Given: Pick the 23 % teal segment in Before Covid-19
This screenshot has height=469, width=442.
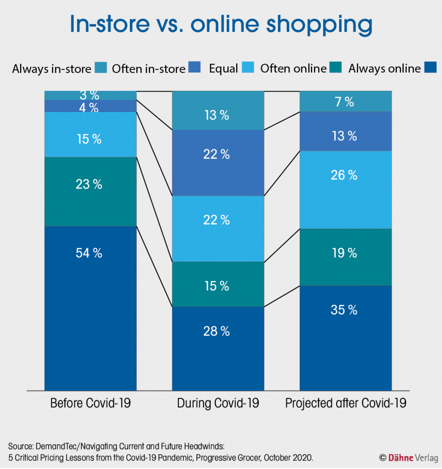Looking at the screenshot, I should click(x=91, y=192).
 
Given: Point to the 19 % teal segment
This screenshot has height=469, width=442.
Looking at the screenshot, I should click(x=346, y=257).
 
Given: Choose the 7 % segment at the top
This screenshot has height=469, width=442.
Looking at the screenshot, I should click(x=346, y=102).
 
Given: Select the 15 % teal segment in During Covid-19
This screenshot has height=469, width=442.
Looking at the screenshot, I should click(x=218, y=284).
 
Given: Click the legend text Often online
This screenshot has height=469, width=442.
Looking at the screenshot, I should click(x=293, y=69).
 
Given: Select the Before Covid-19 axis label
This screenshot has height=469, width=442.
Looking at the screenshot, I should click(x=91, y=403).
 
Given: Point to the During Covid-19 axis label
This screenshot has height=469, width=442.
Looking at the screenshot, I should click(x=218, y=403).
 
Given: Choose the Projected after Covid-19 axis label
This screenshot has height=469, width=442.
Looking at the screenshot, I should click(x=346, y=403).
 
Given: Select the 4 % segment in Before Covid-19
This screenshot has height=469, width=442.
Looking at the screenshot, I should click(x=91, y=106).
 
